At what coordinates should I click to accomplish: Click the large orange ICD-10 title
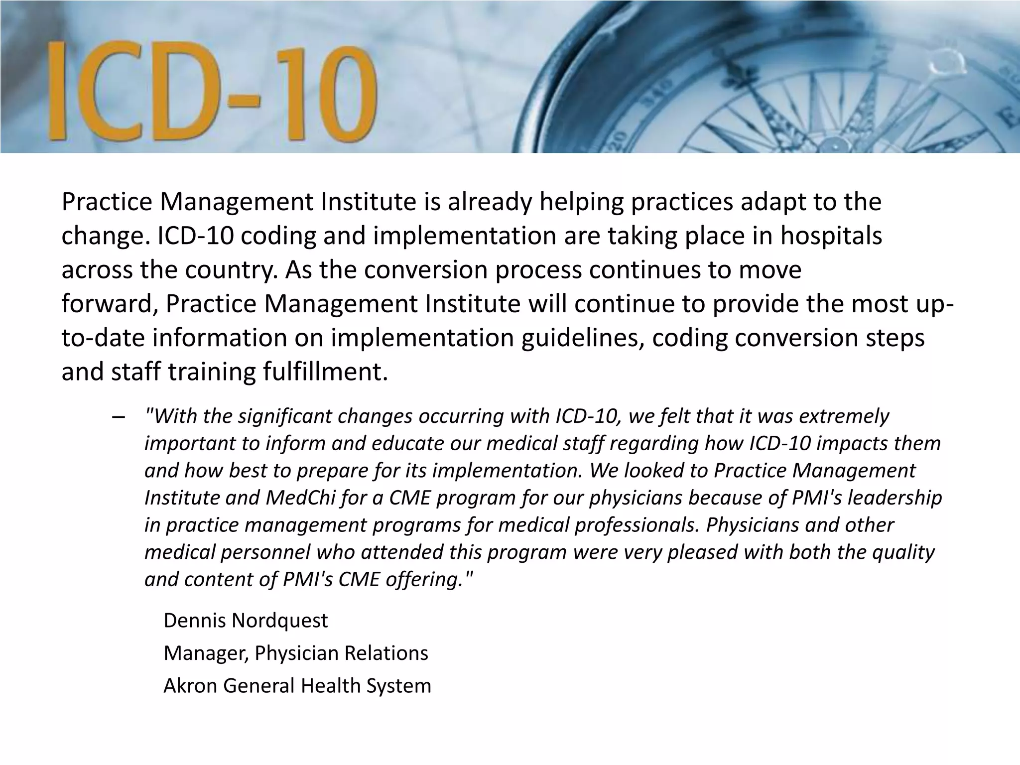pyautogui.click(x=212, y=92)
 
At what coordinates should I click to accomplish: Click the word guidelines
pyautogui.click(x=582, y=338)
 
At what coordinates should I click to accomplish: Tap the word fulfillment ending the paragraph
pyautogui.click(x=325, y=372)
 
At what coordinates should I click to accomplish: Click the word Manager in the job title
pyautogui.click(x=205, y=653)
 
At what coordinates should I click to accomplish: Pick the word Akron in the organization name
pyautogui.click(x=190, y=685)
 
